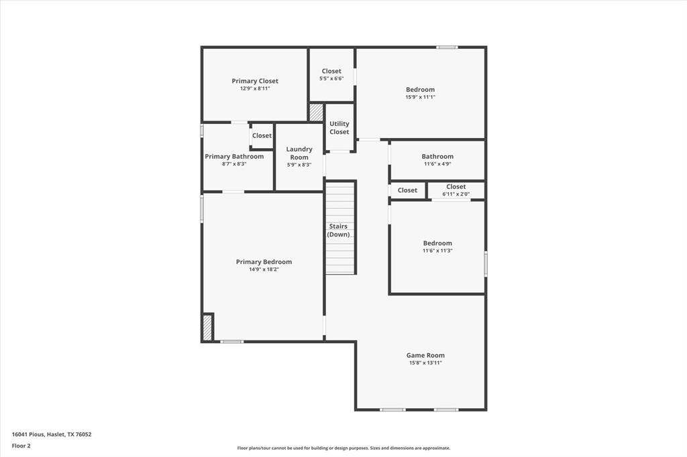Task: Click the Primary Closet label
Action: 255,81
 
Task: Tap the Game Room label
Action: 425,355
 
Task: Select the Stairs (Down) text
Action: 338,231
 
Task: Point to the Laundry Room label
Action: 299,153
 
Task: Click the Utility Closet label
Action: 339,128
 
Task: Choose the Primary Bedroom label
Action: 264,262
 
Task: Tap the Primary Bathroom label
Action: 234,156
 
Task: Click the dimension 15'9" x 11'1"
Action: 420,97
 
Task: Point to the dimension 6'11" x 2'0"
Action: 456,194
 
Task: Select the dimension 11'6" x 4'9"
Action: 437,164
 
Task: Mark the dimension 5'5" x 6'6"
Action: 331,78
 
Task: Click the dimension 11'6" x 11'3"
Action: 437,251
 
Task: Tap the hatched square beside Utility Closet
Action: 316,112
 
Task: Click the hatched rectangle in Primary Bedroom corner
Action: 207,328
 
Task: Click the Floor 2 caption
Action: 21,446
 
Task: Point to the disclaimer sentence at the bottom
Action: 343,448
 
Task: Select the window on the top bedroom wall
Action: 447,47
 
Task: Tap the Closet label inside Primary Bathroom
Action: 262,135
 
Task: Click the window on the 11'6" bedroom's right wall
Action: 486,263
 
